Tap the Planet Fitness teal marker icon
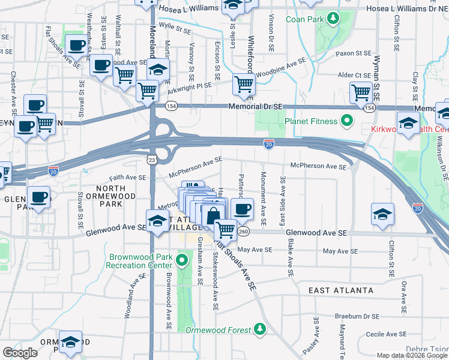pos(346,121)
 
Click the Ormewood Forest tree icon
pos(259,328)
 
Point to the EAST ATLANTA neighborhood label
pos(340,290)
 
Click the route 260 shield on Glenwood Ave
pos(243,232)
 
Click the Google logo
pos(20,353)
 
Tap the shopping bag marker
pos(213,214)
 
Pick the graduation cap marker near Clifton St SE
pos(382,214)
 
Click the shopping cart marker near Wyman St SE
pos(361,92)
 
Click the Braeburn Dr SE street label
pos(358,316)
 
